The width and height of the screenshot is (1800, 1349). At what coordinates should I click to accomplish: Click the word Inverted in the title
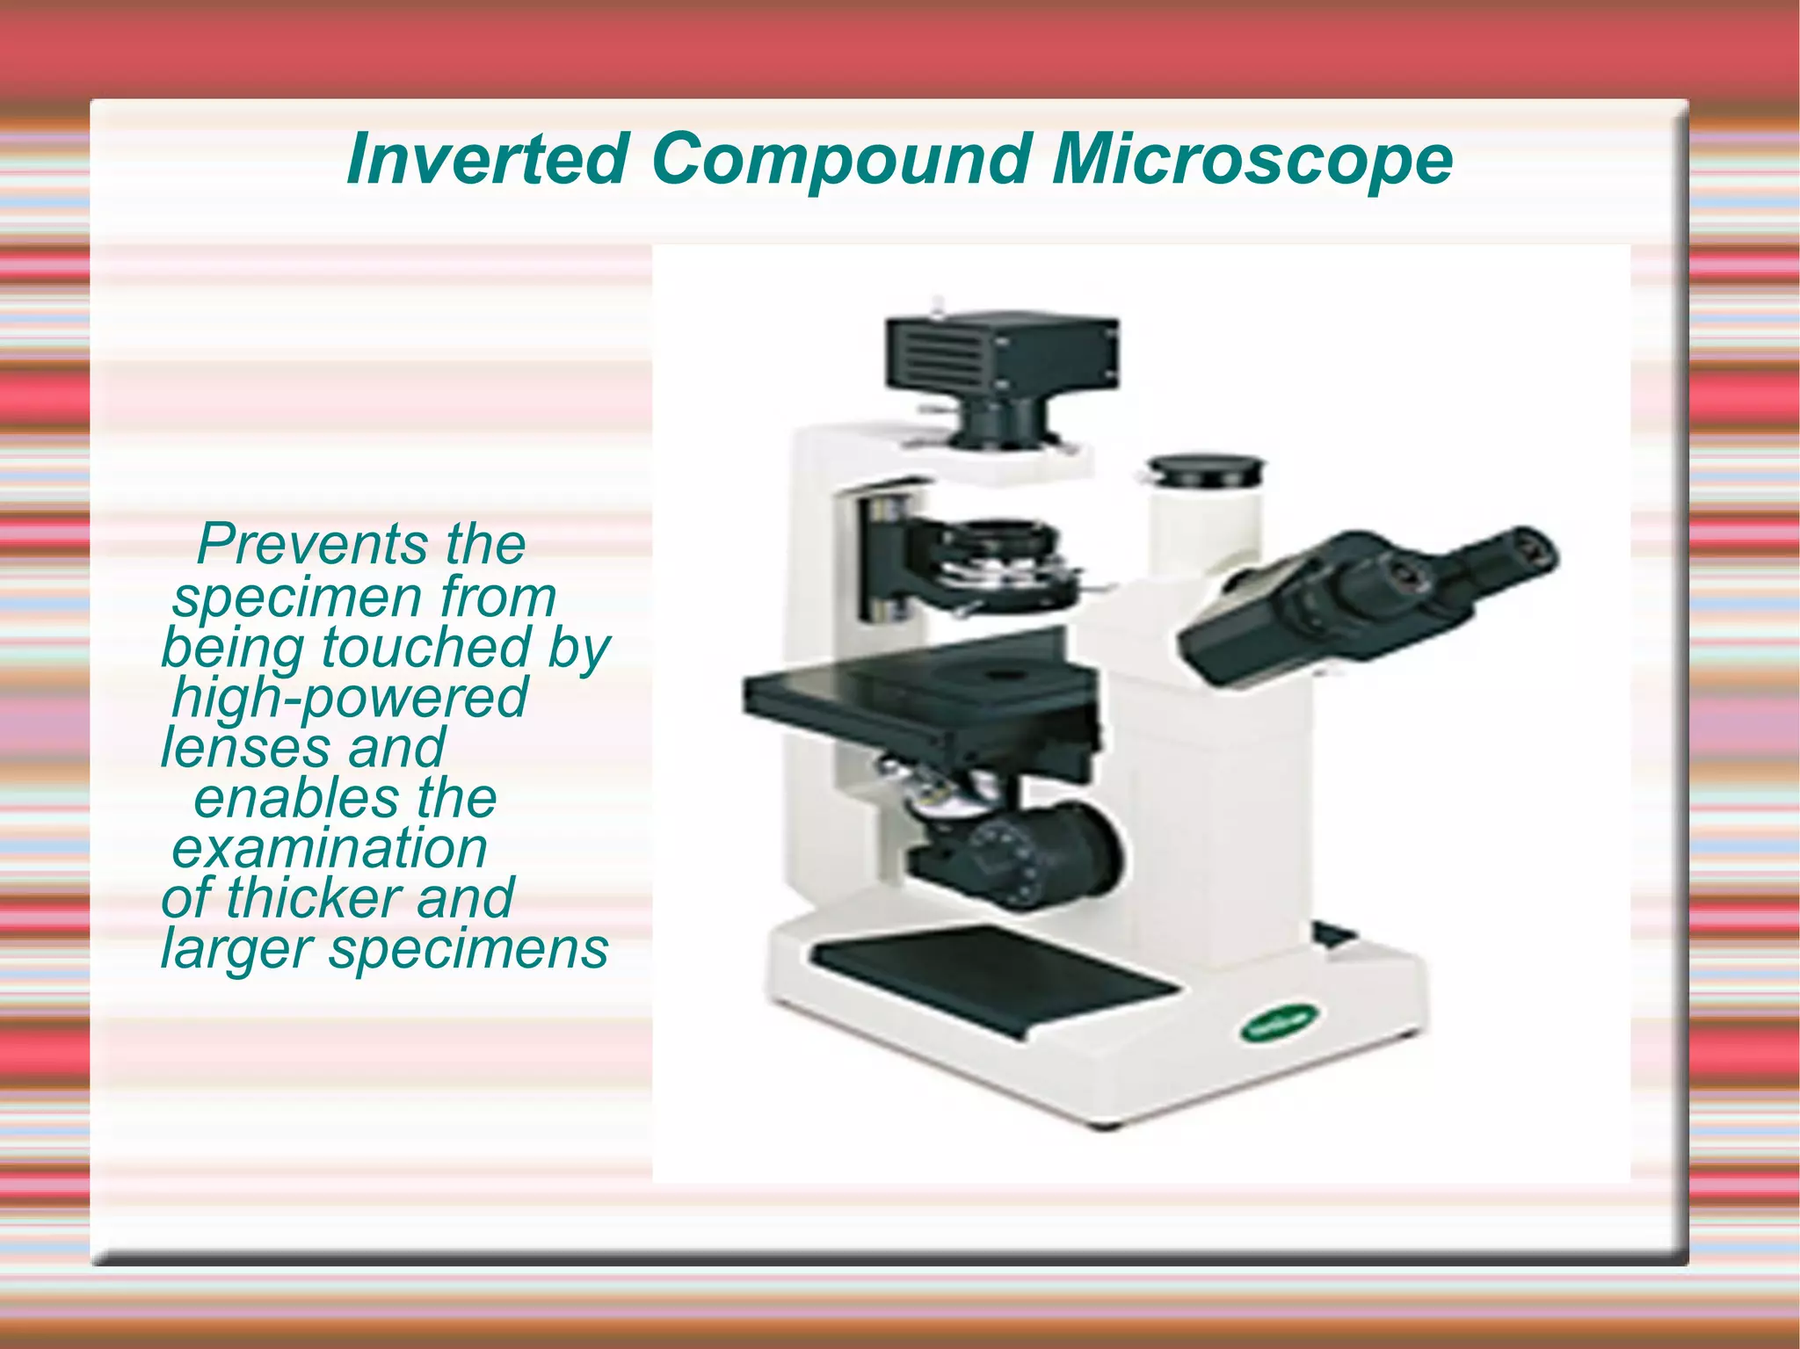click(486, 160)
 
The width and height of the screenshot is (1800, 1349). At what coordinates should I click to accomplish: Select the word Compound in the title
click(841, 160)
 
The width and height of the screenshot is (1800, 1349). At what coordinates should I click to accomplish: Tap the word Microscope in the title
click(1252, 160)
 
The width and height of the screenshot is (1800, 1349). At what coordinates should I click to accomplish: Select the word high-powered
click(350, 699)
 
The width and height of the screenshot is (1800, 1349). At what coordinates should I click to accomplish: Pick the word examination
click(330, 849)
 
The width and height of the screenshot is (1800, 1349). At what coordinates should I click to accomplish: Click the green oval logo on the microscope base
click(1279, 1024)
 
